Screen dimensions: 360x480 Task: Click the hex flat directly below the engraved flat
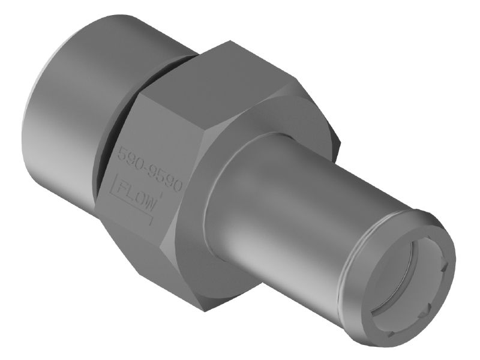click(138, 252)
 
